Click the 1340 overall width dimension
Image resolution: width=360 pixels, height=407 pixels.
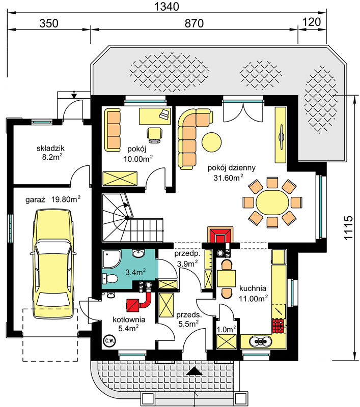coord(167,7)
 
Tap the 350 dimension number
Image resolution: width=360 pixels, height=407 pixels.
coord(48,23)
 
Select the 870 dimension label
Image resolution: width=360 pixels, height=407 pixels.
coord(194,23)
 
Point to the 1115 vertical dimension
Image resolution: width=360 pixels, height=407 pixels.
coord(349,227)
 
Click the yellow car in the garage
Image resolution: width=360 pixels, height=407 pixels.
coord(53,264)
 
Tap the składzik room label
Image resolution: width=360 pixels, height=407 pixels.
coord(50,149)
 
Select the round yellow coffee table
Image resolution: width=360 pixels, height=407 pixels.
coord(212,142)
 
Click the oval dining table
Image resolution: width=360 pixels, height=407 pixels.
coord(272,202)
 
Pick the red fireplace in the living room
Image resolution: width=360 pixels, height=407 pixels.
coord(220,235)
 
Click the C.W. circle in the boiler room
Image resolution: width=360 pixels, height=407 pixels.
coord(109,340)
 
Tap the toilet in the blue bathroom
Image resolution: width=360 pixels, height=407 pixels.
coord(110,279)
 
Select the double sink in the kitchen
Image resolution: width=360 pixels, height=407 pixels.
coord(261,341)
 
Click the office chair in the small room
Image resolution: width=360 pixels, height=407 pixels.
coord(155,135)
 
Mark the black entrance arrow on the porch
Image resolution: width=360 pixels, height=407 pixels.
coord(195,371)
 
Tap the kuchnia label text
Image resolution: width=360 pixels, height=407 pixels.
coord(253,288)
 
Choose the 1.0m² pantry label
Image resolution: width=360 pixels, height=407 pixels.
coord(226,329)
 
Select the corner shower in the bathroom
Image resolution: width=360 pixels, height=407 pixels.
coord(112,259)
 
